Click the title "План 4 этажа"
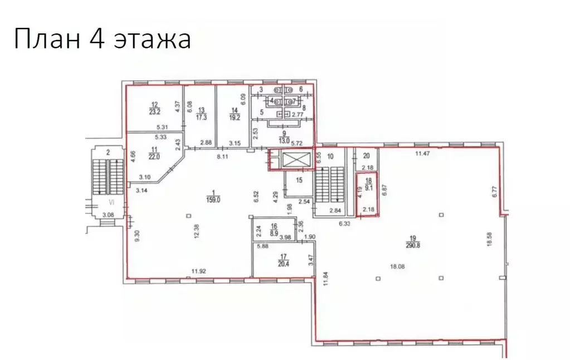coord(102,40)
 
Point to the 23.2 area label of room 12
coord(155,111)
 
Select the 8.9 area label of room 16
coord(274,229)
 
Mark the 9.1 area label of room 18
coord(367,187)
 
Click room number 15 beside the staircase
coord(299,180)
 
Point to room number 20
coord(366,157)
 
